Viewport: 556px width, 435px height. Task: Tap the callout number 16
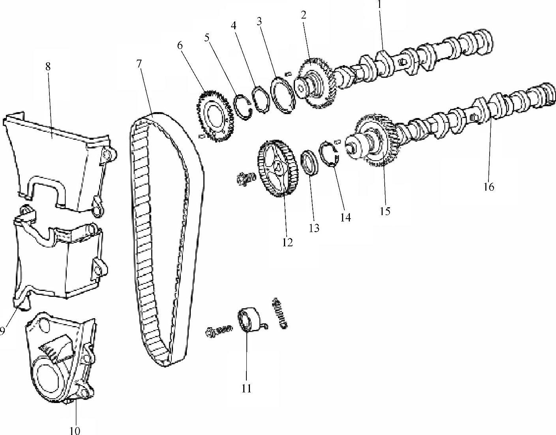[488, 187]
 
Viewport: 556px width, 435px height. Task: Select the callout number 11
[246, 388]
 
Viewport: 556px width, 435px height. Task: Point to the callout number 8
[48, 67]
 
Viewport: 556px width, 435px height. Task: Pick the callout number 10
[75, 431]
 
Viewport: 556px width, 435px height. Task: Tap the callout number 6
[180, 46]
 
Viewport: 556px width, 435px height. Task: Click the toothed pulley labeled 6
[216, 116]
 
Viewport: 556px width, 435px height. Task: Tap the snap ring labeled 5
[243, 107]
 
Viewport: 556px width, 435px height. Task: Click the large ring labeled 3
[282, 95]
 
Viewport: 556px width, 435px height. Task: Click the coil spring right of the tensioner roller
[281, 313]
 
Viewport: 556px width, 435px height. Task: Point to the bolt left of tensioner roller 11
[219, 331]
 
